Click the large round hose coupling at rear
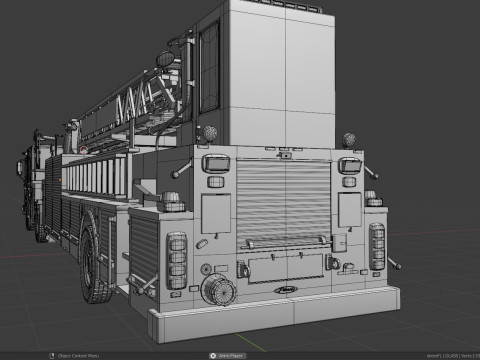tap(215, 290)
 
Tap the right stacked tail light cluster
tap(377, 246)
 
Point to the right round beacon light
tap(349, 140)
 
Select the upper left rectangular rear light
tap(215, 165)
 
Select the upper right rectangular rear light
tap(349, 166)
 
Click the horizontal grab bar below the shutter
tap(284, 240)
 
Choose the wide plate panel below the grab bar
tap(285, 267)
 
